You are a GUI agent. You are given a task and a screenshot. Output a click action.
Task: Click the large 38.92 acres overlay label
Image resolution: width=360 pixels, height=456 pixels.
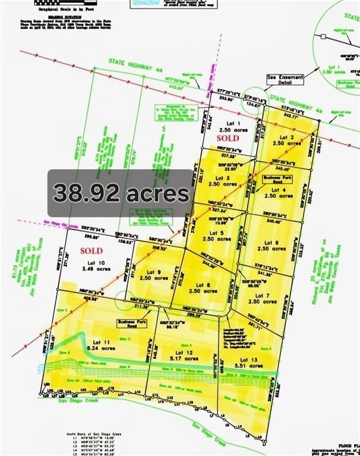(121, 193)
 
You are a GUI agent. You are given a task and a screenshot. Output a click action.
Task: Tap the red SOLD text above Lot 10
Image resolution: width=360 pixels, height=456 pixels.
(90, 251)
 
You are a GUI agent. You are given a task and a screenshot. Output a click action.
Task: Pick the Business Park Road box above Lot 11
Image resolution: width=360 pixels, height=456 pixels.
(129, 324)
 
